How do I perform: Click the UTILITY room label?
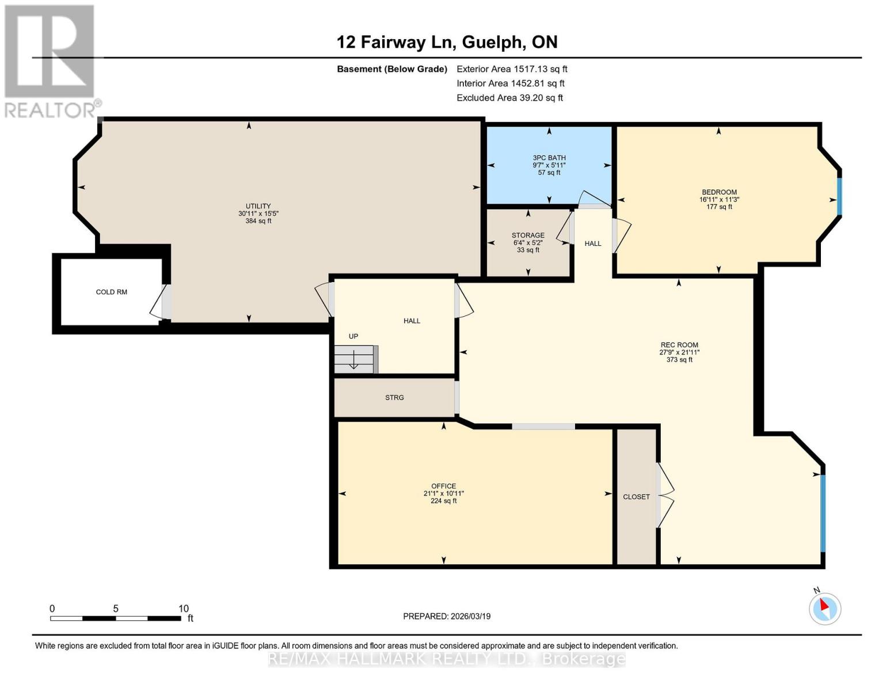258,206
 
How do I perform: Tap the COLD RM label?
112,292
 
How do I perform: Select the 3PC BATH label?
549,158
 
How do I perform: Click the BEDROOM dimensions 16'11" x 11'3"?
719,200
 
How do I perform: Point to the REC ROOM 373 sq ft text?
679,360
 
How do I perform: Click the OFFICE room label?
443,486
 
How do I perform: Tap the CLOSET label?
636,496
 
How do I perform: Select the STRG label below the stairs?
394,397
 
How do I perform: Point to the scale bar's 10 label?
183,609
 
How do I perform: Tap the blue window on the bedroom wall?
839,196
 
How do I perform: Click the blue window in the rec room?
823,512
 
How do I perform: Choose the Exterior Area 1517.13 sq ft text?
512,69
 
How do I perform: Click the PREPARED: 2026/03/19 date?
447,616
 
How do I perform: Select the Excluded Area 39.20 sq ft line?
509,98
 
